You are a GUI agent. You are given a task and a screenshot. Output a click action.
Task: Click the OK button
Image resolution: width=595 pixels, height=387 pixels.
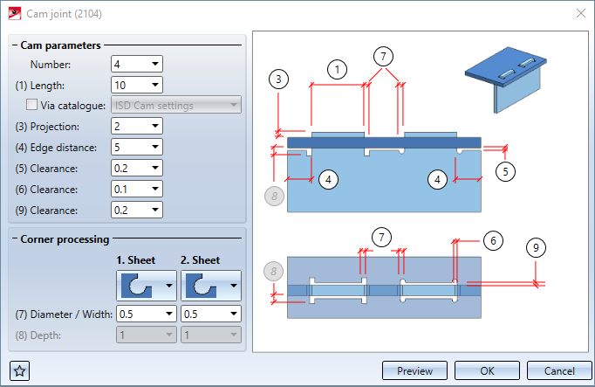[x=487, y=370]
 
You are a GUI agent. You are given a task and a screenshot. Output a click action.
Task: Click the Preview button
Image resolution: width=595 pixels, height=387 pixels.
[x=415, y=370]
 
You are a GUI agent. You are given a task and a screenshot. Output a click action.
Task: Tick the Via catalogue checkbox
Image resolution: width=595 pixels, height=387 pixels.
[x=32, y=105]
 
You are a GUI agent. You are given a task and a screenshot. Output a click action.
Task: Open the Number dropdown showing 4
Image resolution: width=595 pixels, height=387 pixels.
[x=137, y=64]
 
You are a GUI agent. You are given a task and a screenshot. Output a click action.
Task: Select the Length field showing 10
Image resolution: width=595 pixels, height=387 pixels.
[x=137, y=85]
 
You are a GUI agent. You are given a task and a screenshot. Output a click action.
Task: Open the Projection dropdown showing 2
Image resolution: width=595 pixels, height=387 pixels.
[x=137, y=126]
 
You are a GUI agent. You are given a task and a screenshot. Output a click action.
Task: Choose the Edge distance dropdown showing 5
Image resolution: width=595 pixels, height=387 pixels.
[x=137, y=147]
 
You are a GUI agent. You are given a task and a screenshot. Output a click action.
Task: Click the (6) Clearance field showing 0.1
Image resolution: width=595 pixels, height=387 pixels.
[x=137, y=189]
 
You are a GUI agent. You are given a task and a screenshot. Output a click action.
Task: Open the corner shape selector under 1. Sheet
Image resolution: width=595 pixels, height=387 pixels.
[x=147, y=285]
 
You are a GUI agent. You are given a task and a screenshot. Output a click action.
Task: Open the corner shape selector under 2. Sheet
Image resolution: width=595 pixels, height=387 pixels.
[x=210, y=285]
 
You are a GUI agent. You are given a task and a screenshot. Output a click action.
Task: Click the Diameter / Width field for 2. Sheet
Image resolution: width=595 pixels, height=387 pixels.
[x=210, y=314]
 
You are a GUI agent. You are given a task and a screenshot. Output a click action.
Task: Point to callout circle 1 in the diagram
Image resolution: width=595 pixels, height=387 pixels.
[x=338, y=69]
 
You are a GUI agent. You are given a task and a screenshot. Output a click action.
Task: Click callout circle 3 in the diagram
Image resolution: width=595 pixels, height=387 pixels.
[x=278, y=79]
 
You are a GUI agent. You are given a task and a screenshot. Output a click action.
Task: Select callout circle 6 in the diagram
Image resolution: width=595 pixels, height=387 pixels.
[x=492, y=239]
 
